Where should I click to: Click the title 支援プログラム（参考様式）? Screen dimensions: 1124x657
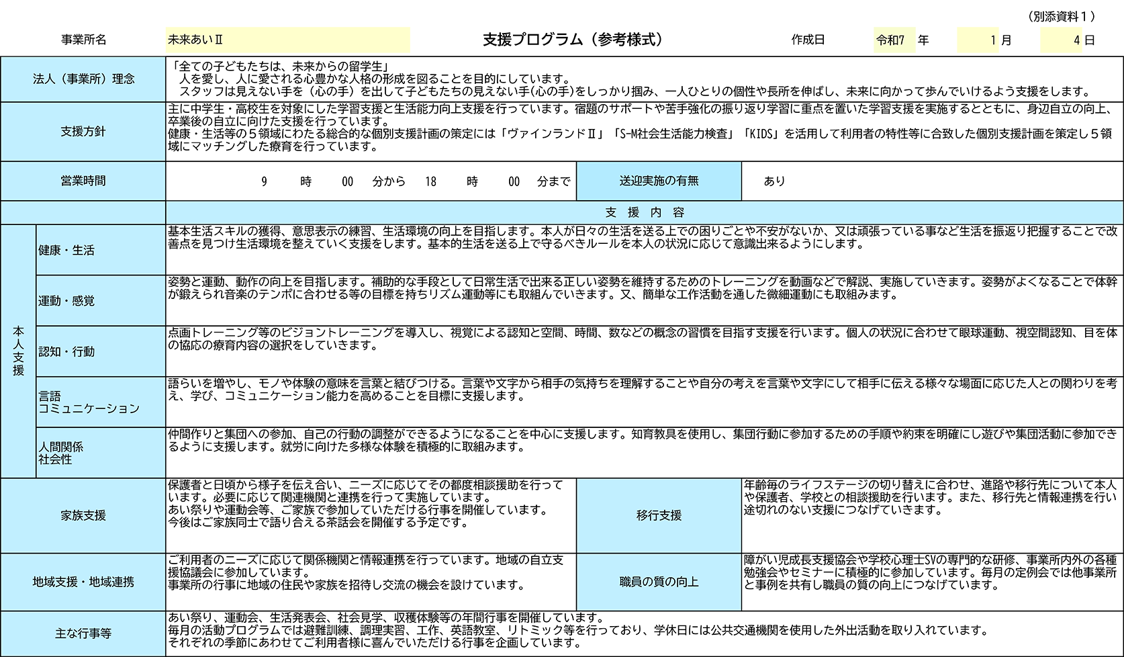coord(573,40)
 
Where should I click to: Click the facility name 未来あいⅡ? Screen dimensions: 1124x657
coord(195,40)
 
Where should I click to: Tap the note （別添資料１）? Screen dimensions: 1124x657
coord(1061,17)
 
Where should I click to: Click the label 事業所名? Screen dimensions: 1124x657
coord(84,40)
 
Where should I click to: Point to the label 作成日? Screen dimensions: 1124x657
coord(808,40)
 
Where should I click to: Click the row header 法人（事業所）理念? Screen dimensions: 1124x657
coord(84,79)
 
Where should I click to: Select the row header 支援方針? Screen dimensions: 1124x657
coord(83,132)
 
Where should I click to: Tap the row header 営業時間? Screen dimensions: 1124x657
coord(83,181)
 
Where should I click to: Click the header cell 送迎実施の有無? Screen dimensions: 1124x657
coord(659,181)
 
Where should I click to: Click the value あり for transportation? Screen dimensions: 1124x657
coord(774,181)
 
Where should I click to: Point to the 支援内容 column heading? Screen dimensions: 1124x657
coord(645,213)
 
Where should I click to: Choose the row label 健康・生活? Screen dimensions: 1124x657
coord(66,250)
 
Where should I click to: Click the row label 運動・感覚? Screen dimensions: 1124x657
coord(66,301)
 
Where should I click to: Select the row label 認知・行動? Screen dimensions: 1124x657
coord(66,351)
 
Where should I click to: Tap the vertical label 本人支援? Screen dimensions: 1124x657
coord(19,351)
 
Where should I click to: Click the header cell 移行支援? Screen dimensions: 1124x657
coord(659,515)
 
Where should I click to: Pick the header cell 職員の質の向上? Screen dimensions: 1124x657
coord(659,582)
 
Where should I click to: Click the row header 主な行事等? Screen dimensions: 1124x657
coord(83,633)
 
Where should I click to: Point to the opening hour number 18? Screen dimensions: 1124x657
coord(430,181)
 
